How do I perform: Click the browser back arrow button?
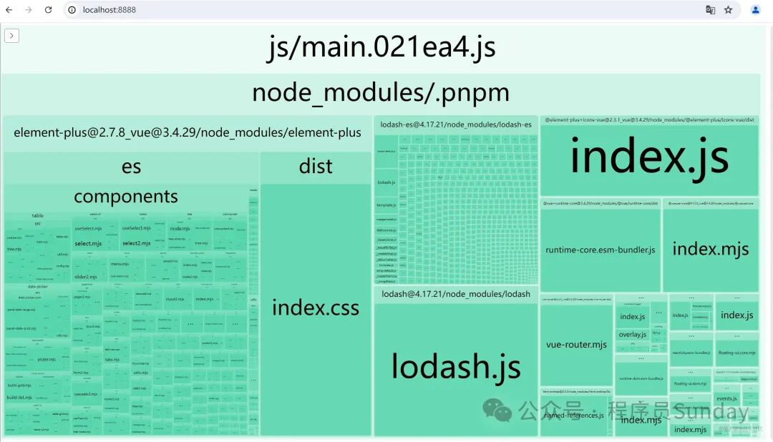(x=9, y=10)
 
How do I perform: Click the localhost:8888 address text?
(x=110, y=10)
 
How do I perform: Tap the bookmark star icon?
(x=728, y=10)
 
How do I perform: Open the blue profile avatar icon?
(x=755, y=10)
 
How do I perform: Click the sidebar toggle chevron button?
(x=11, y=36)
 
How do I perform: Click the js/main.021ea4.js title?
(x=381, y=48)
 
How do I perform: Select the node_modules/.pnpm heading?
(x=381, y=93)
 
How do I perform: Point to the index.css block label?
(x=316, y=308)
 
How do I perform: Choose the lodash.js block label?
(x=456, y=366)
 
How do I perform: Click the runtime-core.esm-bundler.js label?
(x=601, y=250)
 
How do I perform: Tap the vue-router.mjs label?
(x=576, y=345)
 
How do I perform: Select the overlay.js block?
(x=633, y=334)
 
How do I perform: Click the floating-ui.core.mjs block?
(x=736, y=353)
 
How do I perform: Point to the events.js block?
(x=726, y=398)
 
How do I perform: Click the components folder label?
(x=126, y=197)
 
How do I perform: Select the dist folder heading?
(x=316, y=167)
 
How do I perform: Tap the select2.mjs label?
(x=136, y=243)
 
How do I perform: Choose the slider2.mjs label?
(x=85, y=276)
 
